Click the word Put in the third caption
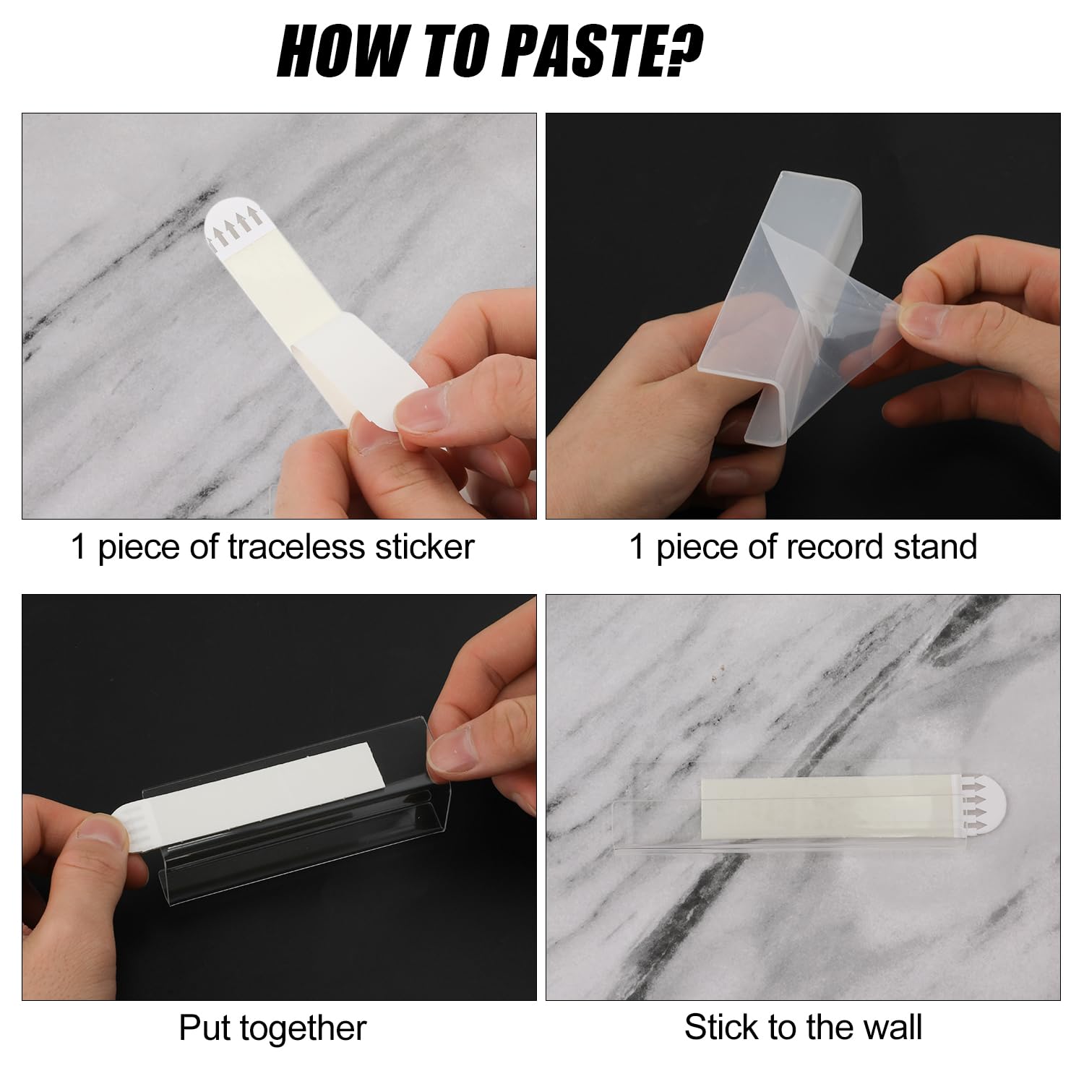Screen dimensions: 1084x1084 tap(205, 1028)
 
